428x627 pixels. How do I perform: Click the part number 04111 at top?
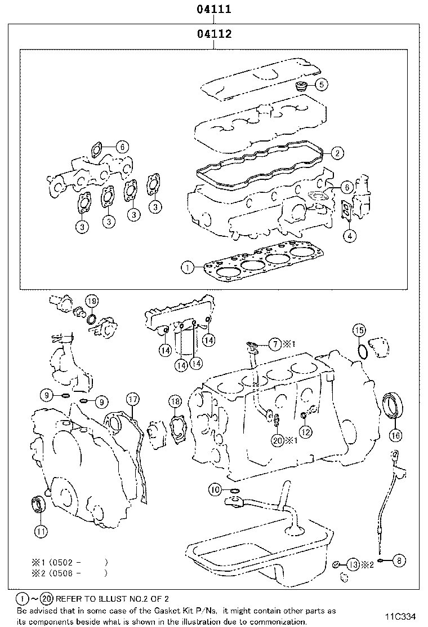point(214,10)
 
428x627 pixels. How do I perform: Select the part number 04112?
point(214,34)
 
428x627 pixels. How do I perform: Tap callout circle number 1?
point(188,267)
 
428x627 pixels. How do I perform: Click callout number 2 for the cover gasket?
point(337,152)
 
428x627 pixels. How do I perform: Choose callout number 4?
point(350,235)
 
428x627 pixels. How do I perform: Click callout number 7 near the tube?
point(274,343)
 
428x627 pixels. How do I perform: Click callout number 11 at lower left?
point(40,531)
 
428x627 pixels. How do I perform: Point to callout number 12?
point(305,432)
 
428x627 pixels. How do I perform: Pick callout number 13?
point(353,564)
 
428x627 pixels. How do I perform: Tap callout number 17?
point(131,400)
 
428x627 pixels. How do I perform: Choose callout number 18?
point(175,401)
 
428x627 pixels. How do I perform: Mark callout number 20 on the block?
point(277,440)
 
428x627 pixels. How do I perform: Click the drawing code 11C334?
point(400,616)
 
